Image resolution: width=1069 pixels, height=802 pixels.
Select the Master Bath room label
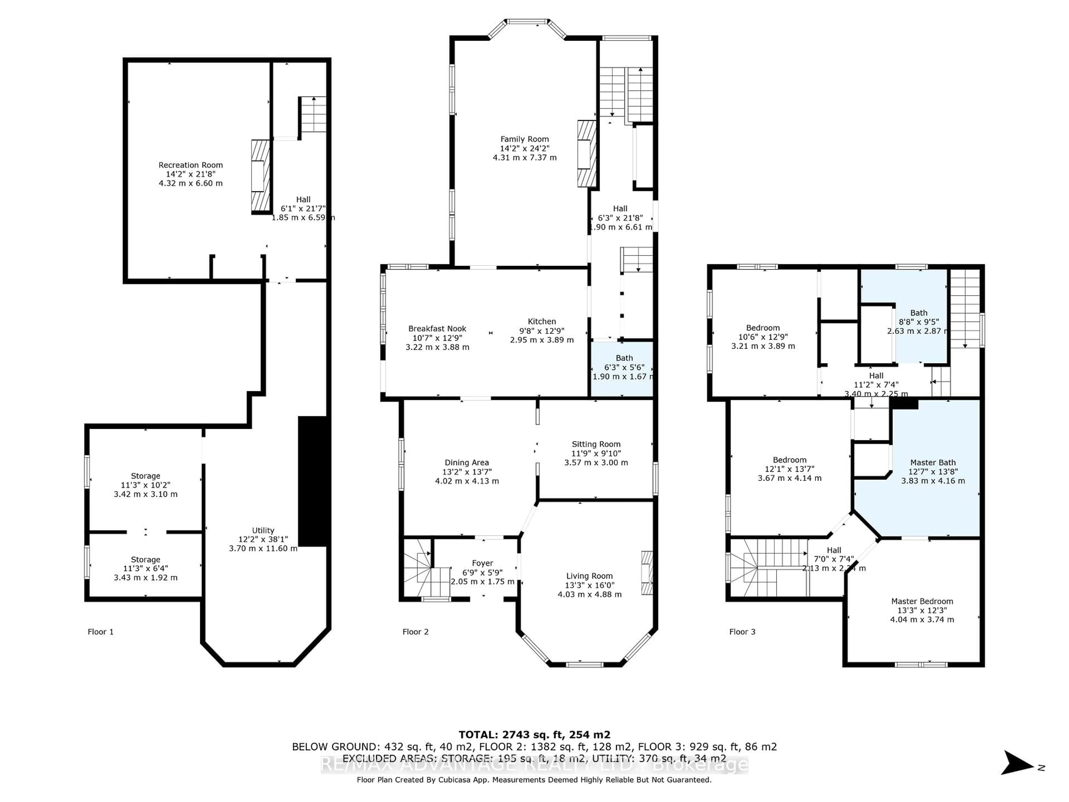point(932,463)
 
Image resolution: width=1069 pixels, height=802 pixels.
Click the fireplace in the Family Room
point(586,154)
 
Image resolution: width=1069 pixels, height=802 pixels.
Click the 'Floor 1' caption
point(100,632)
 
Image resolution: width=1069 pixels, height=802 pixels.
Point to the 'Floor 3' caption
point(742,632)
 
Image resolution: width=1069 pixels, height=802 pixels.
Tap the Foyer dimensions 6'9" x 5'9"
point(482,572)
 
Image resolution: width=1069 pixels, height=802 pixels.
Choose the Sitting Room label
point(595,444)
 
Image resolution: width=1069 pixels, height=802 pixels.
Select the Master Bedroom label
point(922,601)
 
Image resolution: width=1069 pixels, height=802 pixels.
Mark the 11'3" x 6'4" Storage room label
point(146,560)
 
